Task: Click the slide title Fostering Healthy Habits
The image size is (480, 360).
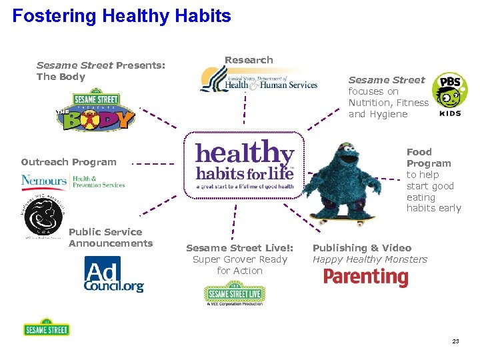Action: point(121,16)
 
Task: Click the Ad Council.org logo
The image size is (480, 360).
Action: point(113,275)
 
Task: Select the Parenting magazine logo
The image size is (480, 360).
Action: point(365,277)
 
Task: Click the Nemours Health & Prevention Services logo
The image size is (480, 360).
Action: point(73,181)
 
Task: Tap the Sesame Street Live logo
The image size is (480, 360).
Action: point(234,294)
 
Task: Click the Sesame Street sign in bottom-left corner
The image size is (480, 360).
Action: point(46,327)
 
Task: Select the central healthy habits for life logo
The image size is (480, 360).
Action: point(244,164)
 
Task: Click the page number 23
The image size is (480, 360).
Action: point(455,341)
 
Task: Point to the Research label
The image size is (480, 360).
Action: point(249,60)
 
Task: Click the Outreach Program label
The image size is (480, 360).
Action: point(68,162)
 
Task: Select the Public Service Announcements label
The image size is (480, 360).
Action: point(110,237)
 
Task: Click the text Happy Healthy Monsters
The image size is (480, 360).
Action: point(369,259)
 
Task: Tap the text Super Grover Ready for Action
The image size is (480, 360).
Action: point(239,265)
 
